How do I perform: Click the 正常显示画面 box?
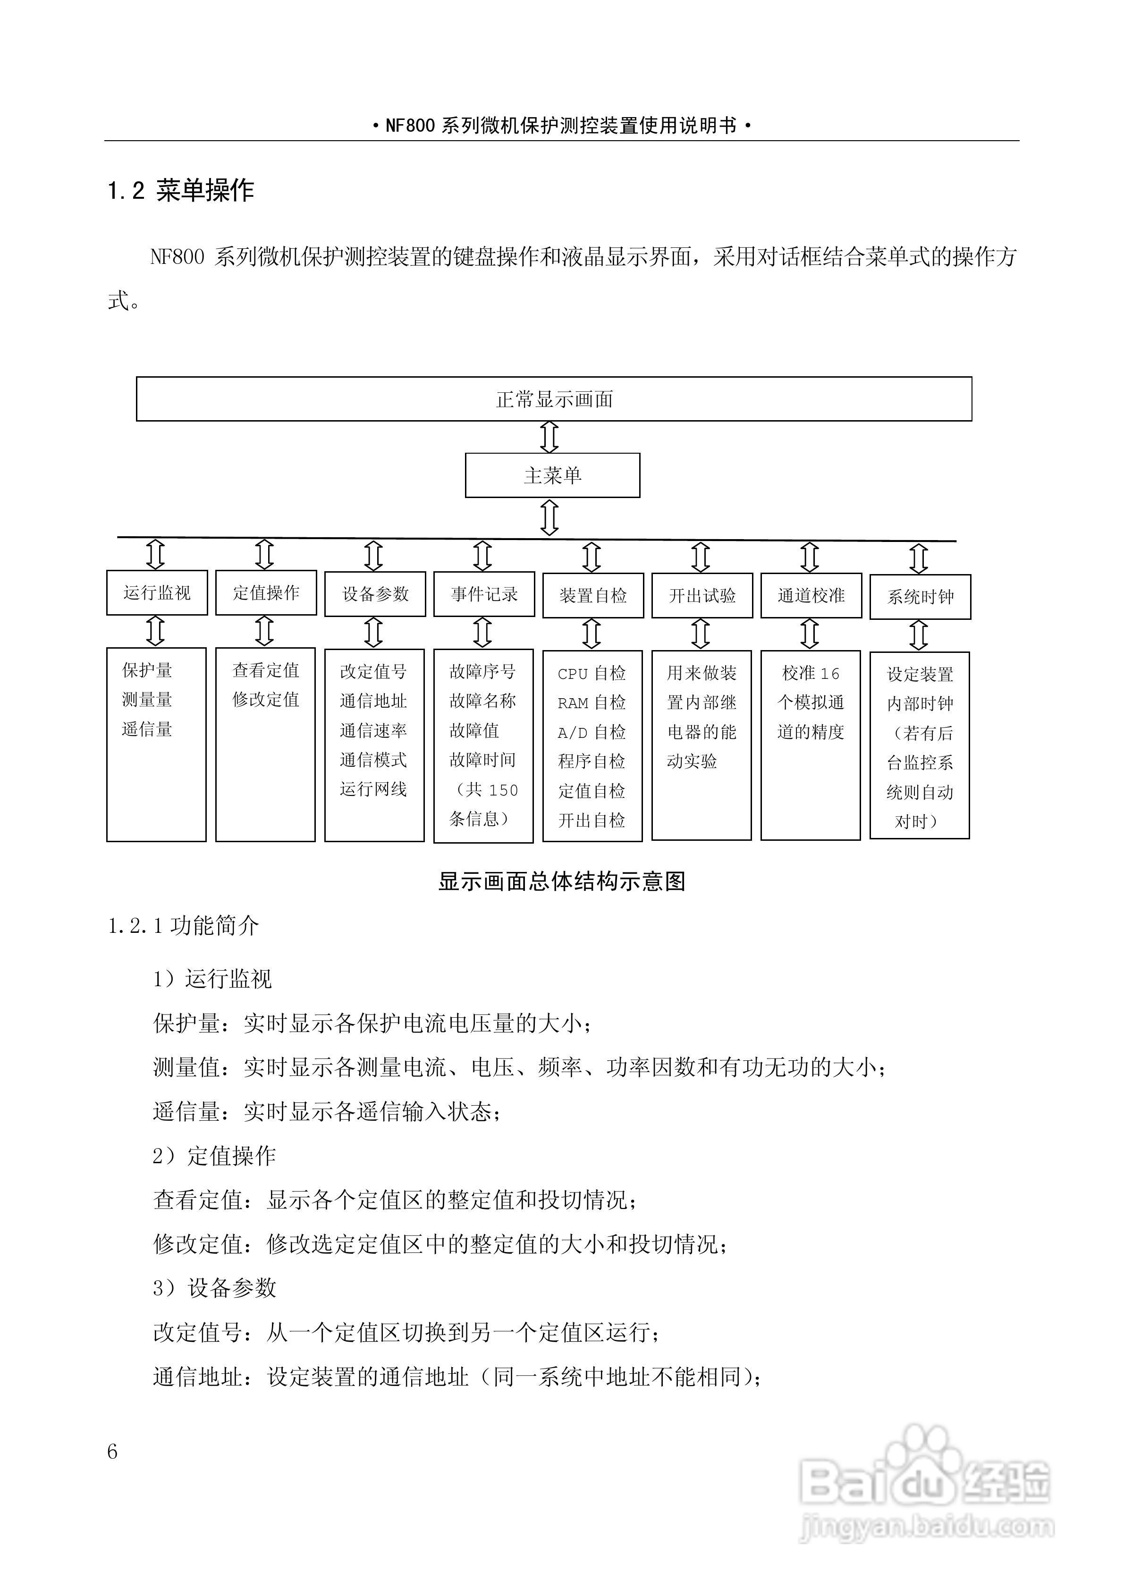click(x=554, y=399)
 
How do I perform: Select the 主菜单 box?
click(x=552, y=475)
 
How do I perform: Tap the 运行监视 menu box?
click(x=157, y=593)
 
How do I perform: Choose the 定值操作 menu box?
click(x=266, y=593)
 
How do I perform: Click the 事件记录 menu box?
click(x=484, y=594)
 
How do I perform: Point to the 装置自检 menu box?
click(x=593, y=596)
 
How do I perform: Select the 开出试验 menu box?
click(x=701, y=596)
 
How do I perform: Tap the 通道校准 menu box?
click(x=811, y=596)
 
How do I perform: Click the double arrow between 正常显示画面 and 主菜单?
click(x=549, y=437)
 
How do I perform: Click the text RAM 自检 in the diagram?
click(x=592, y=703)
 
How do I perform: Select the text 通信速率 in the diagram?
click(x=373, y=731)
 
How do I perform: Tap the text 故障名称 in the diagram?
click(x=483, y=701)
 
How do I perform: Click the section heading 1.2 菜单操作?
click(x=181, y=190)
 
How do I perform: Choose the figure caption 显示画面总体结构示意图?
click(x=562, y=881)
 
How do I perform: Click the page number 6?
click(x=113, y=1452)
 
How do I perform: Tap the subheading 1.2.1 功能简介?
click(x=184, y=926)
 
